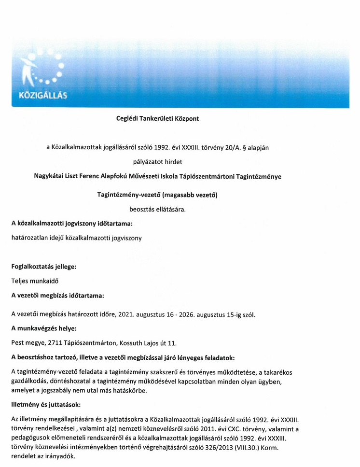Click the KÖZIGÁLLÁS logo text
42,95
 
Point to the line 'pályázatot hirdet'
157,161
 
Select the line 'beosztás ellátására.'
157,209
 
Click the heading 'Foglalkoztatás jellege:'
43,266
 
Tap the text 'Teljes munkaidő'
35,280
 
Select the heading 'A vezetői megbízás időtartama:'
57,295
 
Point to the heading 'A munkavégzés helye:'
42,329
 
